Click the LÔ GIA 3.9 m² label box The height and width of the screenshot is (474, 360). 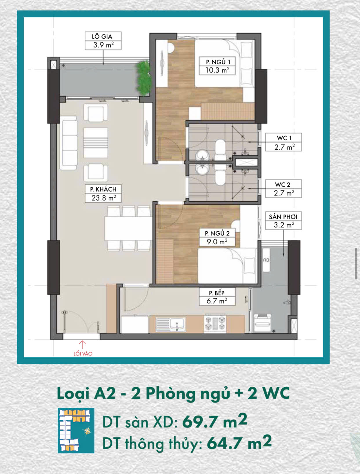pyautogui.click(x=103, y=41)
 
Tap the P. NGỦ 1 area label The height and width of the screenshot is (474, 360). pyautogui.click(x=217, y=66)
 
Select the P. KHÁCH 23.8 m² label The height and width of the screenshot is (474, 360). pyautogui.click(x=103, y=193)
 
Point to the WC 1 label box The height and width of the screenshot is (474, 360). pyautogui.click(x=283, y=142)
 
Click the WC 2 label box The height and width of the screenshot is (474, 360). pyautogui.click(x=283, y=188)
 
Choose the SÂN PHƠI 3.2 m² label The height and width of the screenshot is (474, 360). pyautogui.click(x=283, y=221)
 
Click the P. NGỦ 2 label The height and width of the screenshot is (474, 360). pyautogui.click(x=217, y=237)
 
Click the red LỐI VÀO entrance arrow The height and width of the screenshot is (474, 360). pyautogui.click(x=82, y=344)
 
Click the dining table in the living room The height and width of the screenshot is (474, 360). pyautogui.click(x=128, y=229)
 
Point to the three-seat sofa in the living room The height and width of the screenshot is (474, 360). pyautogui.click(x=69, y=143)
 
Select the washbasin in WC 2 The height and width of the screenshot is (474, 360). pyautogui.click(x=202, y=169)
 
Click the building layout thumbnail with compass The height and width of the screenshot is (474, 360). pyautogui.click(x=76, y=431)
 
